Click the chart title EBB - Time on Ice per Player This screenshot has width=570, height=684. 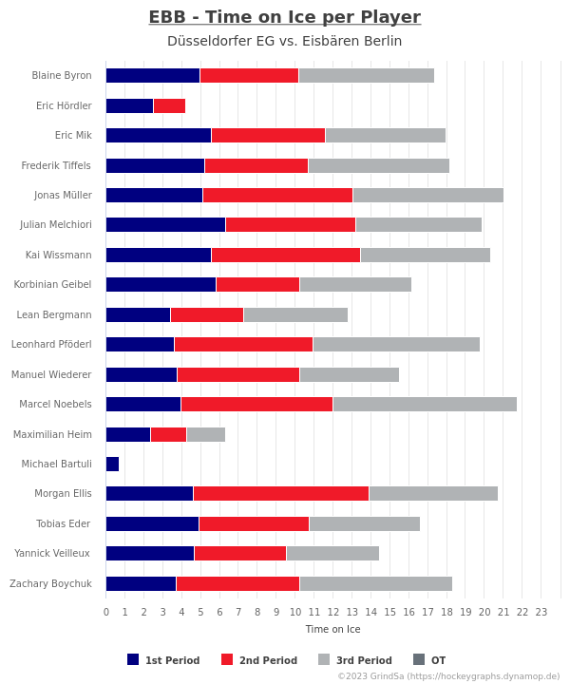tap(285, 17)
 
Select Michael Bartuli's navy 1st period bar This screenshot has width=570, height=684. tap(112, 465)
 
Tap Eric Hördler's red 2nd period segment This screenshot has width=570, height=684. tap(169, 106)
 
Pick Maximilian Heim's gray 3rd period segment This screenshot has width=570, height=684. tap(206, 434)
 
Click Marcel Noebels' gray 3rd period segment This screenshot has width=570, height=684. tap(425, 405)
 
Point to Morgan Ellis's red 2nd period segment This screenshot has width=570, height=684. tap(281, 493)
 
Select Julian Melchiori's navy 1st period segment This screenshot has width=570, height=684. tap(165, 224)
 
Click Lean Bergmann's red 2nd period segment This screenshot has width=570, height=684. tap(207, 315)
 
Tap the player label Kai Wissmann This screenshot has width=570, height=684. tap(59, 255)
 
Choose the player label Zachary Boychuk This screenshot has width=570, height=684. tap(50, 583)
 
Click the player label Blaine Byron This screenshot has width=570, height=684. tap(62, 75)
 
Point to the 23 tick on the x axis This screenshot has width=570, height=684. tap(541, 612)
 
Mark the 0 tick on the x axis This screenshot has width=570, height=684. tap(106, 612)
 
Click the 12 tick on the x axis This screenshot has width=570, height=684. tap(333, 612)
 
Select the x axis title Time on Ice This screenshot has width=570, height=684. tap(332, 629)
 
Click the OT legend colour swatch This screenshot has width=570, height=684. tap(419, 659)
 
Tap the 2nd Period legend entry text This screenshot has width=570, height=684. tap(268, 660)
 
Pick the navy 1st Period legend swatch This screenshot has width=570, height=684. tap(133, 659)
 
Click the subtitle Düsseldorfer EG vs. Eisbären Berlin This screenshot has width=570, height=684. tap(284, 41)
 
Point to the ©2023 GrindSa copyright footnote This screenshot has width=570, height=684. tap(448, 676)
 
